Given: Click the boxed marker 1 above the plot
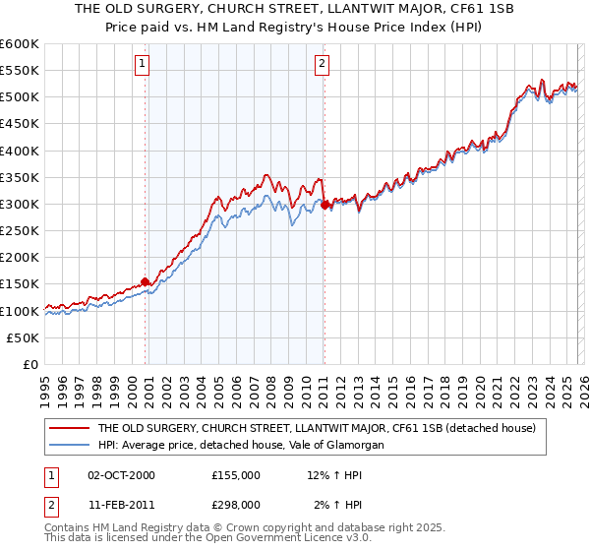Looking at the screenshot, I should [143, 65].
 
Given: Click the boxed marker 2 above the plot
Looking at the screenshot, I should [322, 65].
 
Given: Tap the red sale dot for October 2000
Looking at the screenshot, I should [146, 281].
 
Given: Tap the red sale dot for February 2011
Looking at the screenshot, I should [324, 205].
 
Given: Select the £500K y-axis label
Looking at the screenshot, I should [20, 97].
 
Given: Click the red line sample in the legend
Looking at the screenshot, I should [69, 428].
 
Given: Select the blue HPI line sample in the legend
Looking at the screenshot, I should [69, 446].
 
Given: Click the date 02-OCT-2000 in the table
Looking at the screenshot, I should [121, 475].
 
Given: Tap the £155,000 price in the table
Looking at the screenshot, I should [236, 475].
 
